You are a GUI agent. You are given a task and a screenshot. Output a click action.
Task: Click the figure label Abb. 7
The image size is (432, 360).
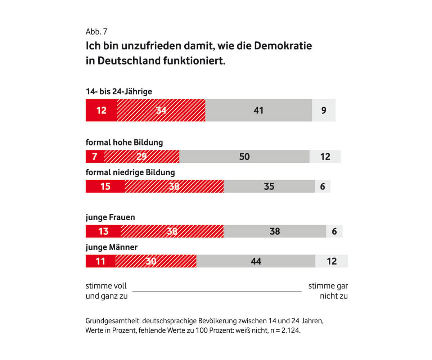pos(96,31)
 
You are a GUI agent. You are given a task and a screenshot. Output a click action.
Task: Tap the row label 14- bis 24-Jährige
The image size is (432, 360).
pos(119,91)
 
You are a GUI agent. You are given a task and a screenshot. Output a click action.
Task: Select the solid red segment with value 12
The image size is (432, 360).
pos(101,110)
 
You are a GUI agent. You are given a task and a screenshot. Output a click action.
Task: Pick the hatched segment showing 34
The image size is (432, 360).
pos(161,110)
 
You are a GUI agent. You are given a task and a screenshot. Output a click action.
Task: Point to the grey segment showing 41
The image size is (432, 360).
pos(258,110)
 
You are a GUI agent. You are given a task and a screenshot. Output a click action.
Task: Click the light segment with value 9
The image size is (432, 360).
pos(324,110)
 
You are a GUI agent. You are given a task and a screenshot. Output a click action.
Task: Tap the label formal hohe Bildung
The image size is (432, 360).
pos(124,143)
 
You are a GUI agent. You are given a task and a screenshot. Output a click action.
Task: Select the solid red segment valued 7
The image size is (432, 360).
pos(94,157)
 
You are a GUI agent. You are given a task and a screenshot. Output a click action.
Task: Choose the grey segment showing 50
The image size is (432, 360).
pos(244,157)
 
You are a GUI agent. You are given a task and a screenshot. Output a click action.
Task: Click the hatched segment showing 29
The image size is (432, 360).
pos(141,157)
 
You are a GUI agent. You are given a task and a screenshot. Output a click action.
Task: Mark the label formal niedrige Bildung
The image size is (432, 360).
pos(130,172)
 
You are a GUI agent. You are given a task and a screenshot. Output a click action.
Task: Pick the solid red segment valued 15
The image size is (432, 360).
pos(105,186)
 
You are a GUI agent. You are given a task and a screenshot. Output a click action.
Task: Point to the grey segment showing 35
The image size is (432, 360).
pos(269,186)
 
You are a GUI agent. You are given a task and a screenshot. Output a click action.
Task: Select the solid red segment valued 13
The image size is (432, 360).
pos(103,231)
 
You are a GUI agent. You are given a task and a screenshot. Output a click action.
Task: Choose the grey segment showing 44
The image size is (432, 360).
pos(256,261)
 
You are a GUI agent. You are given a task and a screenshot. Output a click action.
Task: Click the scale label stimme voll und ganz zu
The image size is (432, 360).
pos(107,291)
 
